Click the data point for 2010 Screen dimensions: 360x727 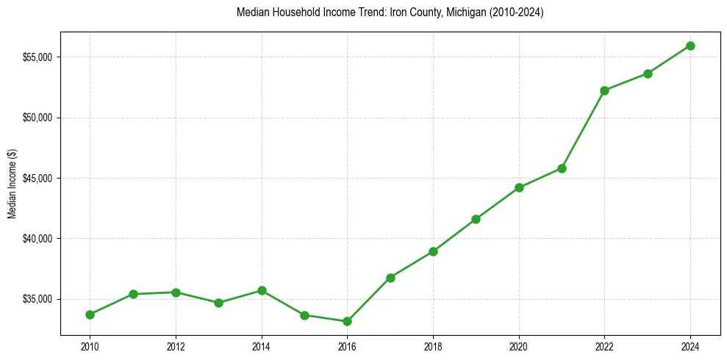point(90,314)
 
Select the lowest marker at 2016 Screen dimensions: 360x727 point(347,321)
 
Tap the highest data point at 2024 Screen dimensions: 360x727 point(690,46)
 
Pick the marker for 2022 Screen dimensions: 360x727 point(604,90)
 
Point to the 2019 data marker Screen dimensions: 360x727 point(476,219)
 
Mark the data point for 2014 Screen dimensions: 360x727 point(262,290)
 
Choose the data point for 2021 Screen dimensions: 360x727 point(562,168)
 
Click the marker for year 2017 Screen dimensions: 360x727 point(390,278)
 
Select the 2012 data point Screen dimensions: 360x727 point(176,292)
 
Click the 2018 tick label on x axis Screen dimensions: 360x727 point(433,346)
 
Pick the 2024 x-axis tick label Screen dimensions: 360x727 point(690,346)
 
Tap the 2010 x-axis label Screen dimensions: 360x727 point(90,346)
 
